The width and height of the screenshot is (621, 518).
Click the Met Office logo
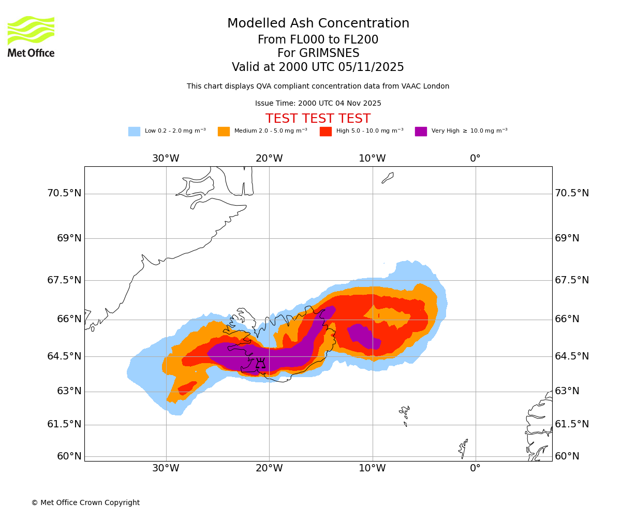click(31, 36)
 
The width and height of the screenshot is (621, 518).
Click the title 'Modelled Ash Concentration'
click(318, 24)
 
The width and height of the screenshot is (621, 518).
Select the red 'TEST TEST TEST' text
click(318, 119)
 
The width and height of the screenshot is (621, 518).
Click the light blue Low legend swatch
click(134, 132)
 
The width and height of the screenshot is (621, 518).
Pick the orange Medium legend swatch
click(224, 132)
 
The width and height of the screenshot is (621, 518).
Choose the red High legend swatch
click(326, 132)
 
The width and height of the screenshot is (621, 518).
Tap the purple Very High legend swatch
click(421, 132)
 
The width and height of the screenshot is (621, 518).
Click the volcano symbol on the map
click(260, 363)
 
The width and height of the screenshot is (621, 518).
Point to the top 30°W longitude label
click(166, 159)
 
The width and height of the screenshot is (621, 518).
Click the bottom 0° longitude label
click(475, 468)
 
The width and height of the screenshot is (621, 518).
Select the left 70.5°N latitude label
click(64, 193)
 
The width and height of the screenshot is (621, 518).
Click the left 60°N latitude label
click(69, 456)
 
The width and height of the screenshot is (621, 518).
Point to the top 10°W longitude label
click(372, 159)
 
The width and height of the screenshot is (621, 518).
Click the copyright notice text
click(85, 503)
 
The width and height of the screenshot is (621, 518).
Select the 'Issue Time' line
click(318, 104)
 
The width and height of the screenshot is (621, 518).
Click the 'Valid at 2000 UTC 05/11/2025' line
click(318, 67)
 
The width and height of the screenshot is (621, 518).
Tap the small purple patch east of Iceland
click(365, 336)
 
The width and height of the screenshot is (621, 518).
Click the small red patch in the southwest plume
click(187, 387)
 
